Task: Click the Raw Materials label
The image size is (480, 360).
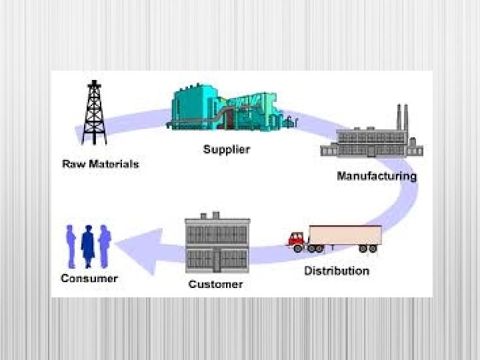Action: pos(101,163)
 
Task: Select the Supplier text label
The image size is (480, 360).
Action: pos(226,149)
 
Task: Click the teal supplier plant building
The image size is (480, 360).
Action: pos(223,109)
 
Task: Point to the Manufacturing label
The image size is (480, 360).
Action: pos(377,176)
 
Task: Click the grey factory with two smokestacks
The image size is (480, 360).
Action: pos(371,141)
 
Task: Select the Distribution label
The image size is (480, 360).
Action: pos(337,271)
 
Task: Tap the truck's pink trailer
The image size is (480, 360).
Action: pos(345,235)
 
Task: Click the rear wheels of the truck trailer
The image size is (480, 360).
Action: pos(367,248)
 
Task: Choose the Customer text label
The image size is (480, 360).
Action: pos(215,285)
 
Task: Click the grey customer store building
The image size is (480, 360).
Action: pos(217,243)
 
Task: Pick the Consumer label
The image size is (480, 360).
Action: pos(89,278)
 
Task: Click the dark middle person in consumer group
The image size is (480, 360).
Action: pos(88,246)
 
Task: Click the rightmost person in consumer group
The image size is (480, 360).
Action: pos(104,245)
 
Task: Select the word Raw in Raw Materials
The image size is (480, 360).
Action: pos(73,163)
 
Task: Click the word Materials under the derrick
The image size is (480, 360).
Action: pos(113,163)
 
